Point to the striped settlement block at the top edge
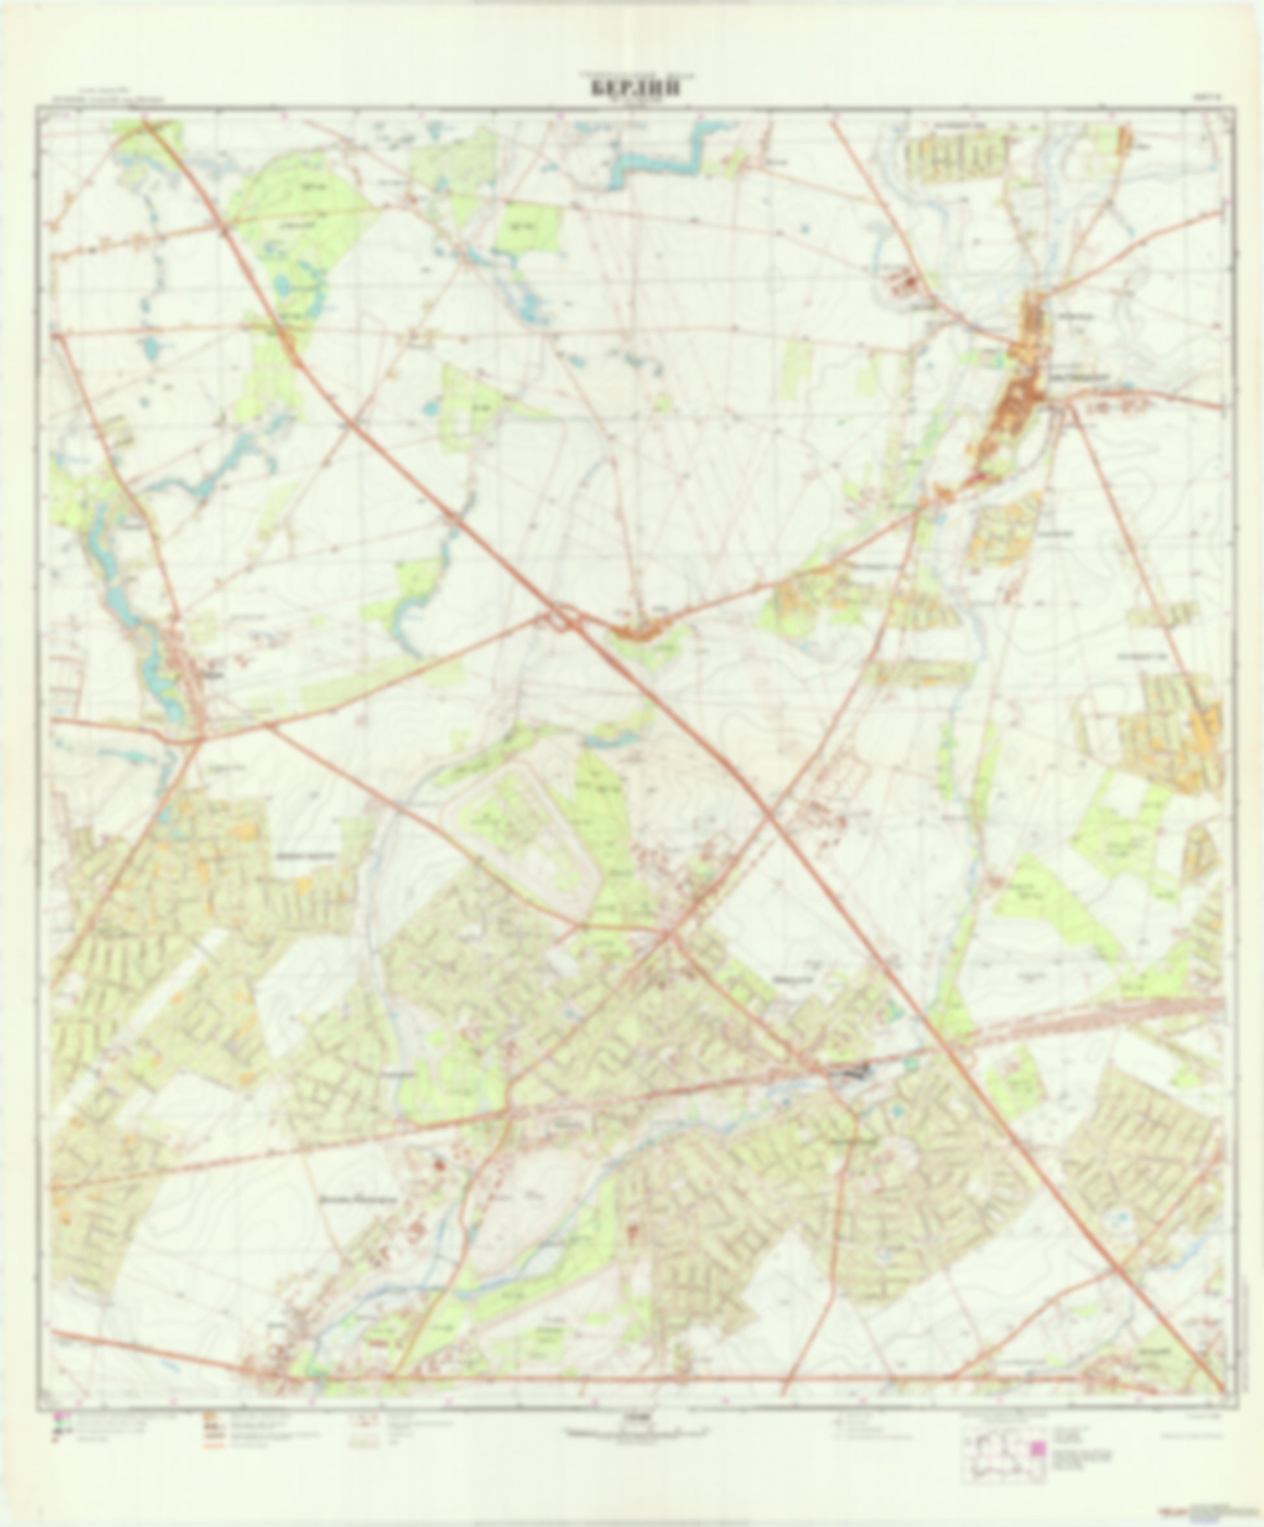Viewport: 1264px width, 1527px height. [956, 157]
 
